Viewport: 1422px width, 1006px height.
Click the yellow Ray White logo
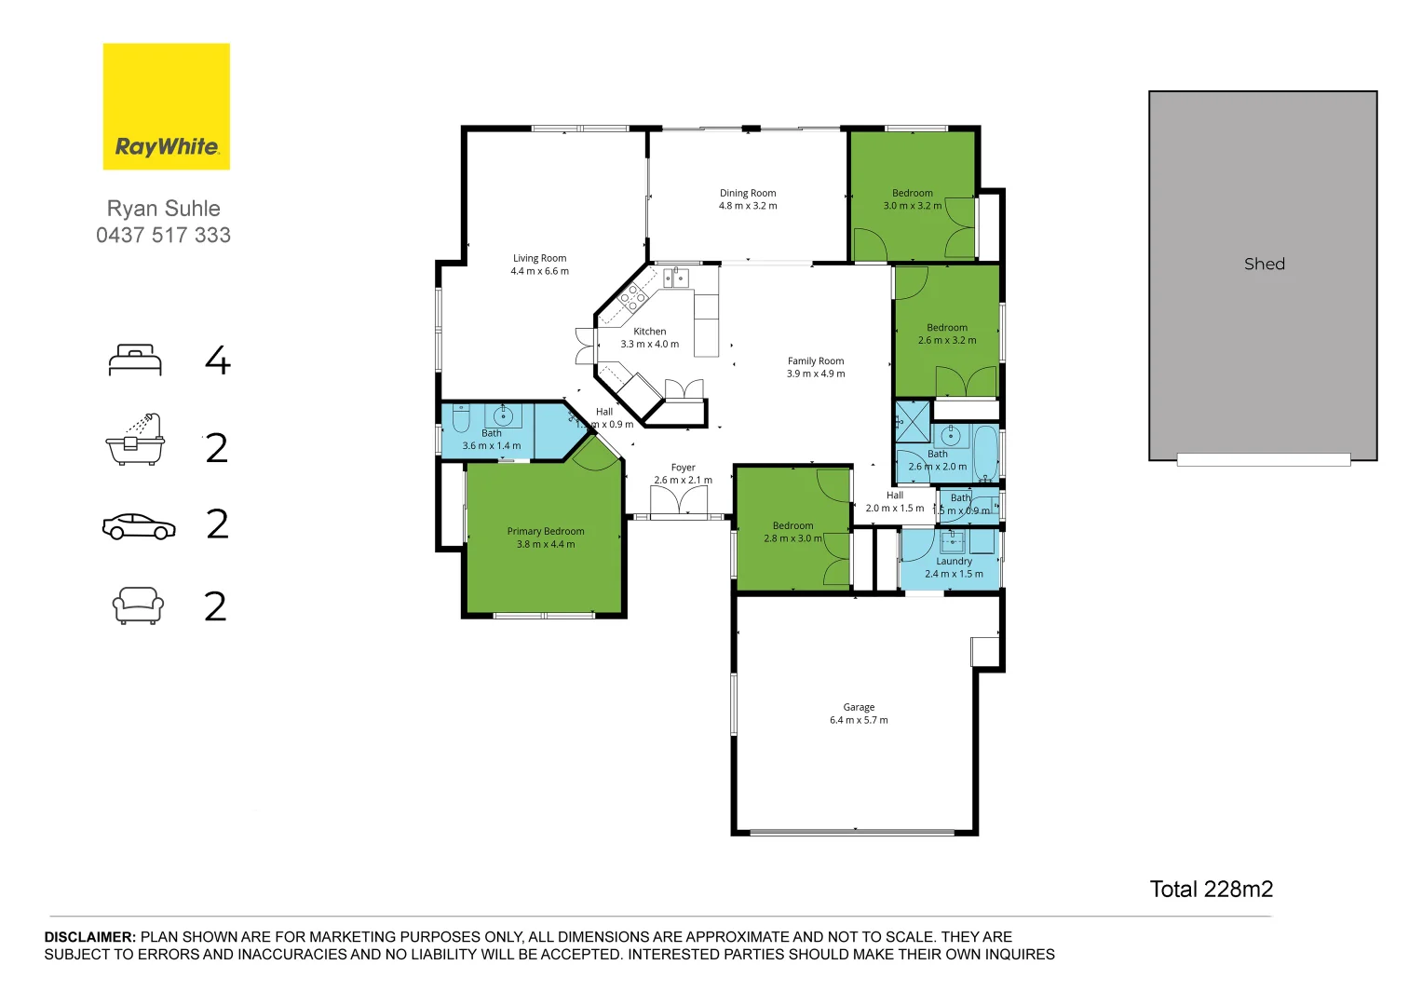[166, 107]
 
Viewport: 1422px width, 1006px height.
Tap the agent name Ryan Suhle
[164, 209]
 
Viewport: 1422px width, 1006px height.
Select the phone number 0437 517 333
[164, 236]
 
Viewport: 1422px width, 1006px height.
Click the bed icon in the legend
[135, 360]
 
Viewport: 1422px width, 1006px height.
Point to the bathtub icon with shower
[135, 440]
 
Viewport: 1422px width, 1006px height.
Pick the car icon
[139, 526]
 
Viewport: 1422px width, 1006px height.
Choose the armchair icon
[138, 605]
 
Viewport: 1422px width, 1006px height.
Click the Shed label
[1264, 265]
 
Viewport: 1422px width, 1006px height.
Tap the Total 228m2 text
[1211, 890]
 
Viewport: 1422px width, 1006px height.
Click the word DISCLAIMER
[90, 937]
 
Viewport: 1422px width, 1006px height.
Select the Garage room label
[859, 708]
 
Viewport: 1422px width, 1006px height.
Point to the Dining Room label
[748, 194]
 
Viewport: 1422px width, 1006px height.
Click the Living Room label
[539, 259]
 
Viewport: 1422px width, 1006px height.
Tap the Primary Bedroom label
[546, 532]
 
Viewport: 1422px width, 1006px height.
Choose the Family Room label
[816, 361]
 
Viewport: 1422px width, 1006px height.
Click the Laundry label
[954, 562]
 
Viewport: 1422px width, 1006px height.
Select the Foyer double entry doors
[678, 502]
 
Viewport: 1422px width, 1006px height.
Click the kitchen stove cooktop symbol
[633, 297]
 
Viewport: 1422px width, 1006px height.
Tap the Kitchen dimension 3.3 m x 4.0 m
[650, 345]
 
